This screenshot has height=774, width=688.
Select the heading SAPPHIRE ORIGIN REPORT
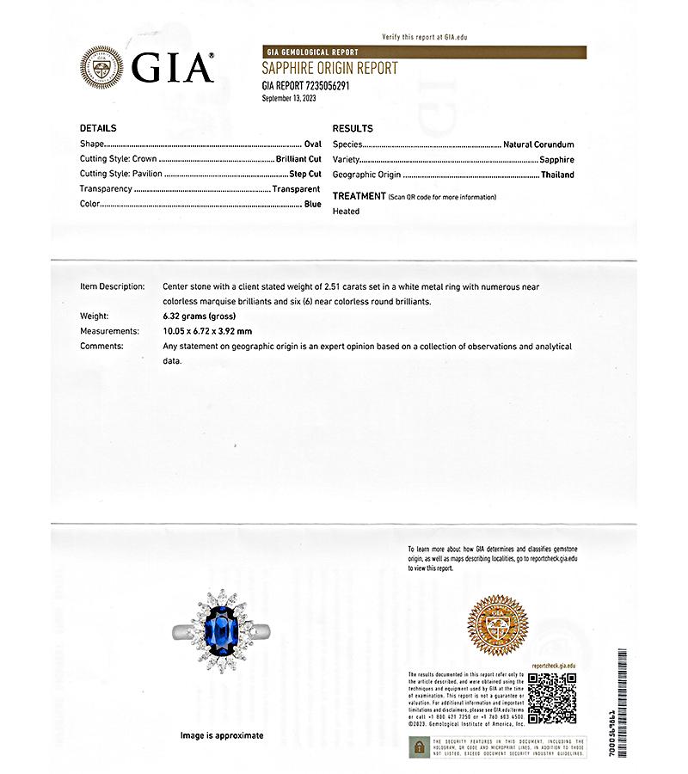(x=329, y=69)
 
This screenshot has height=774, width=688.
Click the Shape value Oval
(x=312, y=144)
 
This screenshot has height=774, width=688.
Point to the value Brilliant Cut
(x=298, y=160)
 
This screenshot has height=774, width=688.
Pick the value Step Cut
(x=304, y=175)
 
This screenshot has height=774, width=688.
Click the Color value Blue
(x=312, y=205)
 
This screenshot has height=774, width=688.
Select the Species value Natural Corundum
(x=538, y=144)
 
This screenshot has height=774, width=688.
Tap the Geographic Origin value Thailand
(x=557, y=175)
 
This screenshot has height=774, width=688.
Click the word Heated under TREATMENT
(x=346, y=211)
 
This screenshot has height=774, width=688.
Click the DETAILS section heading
(x=98, y=128)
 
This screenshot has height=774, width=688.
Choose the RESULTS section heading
(x=353, y=128)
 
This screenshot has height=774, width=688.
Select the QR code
(x=551, y=697)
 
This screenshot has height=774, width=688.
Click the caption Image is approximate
(x=221, y=735)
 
